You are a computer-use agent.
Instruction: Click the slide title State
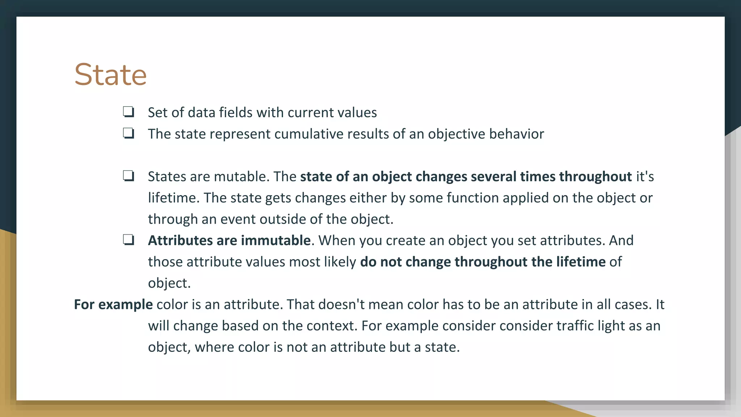click(110, 75)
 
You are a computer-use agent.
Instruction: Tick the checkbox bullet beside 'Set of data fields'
click(128, 112)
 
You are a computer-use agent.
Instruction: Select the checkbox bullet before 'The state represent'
click(128, 133)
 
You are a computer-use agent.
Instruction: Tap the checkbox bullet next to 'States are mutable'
click(128, 176)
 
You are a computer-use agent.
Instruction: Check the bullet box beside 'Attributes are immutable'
click(128, 240)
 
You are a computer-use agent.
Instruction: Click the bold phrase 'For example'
click(113, 304)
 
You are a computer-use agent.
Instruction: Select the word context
click(330, 326)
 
